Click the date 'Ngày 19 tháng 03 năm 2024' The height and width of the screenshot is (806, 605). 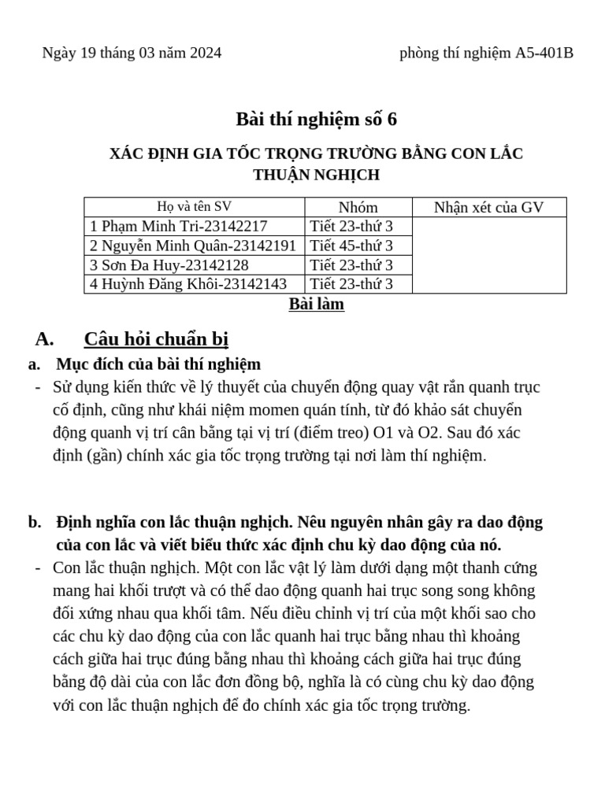click(x=132, y=54)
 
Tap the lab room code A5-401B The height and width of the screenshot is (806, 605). click(x=544, y=54)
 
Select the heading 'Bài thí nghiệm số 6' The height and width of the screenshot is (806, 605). click(x=317, y=120)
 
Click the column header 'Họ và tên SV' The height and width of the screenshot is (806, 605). click(x=194, y=208)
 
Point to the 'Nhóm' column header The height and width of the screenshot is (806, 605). click(x=358, y=208)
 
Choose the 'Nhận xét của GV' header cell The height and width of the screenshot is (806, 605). click(x=488, y=208)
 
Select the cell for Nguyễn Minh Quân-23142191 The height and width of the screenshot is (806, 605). click(x=194, y=246)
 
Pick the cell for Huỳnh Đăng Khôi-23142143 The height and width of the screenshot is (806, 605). click(x=188, y=284)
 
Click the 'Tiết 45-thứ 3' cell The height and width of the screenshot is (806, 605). click(x=351, y=246)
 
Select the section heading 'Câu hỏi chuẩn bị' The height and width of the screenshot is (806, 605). click(x=156, y=339)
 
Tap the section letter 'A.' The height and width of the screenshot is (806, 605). click(x=44, y=339)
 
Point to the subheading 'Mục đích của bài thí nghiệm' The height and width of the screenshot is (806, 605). click(x=158, y=364)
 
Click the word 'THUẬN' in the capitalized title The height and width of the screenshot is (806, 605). click(x=285, y=175)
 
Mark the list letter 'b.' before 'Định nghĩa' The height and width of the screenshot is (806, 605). click(x=34, y=523)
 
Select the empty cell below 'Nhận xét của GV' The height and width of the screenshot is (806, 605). click(x=488, y=256)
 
